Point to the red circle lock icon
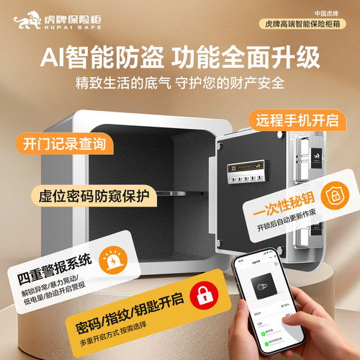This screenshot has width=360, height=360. tap(204, 293)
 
